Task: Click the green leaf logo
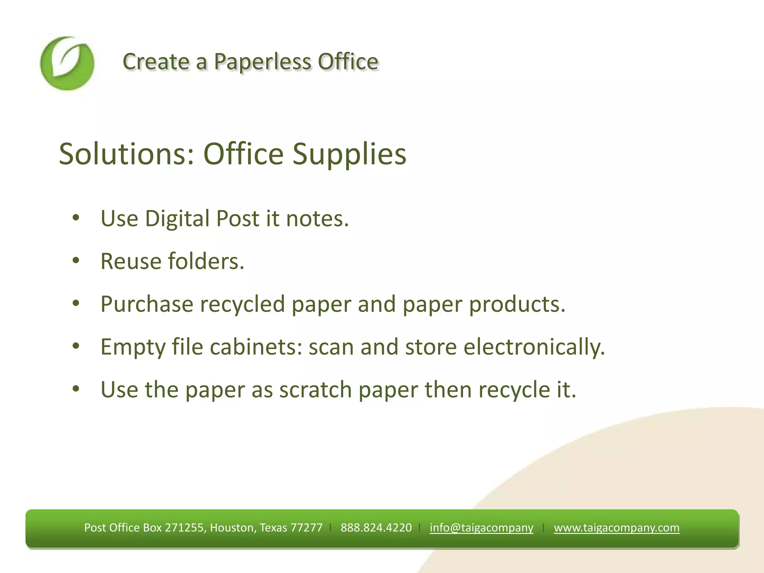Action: (67, 63)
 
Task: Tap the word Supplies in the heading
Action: (349, 154)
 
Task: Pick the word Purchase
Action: (147, 304)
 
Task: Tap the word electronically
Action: (534, 347)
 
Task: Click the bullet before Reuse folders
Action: (76, 261)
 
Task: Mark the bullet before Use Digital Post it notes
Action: (76, 218)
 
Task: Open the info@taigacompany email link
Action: (481, 527)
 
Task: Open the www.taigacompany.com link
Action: (616, 527)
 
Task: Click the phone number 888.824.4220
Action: (376, 527)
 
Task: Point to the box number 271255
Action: (184, 527)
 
